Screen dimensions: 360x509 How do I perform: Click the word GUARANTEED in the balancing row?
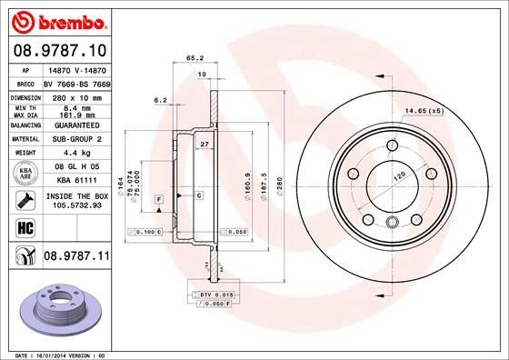[74, 125]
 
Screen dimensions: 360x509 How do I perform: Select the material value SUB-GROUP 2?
[74, 138]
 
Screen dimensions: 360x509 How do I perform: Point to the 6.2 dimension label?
[161, 99]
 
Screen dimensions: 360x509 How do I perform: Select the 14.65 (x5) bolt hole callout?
[424, 111]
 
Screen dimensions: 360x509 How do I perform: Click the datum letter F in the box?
[158, 198]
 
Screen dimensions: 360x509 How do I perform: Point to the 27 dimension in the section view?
[205, 145]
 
